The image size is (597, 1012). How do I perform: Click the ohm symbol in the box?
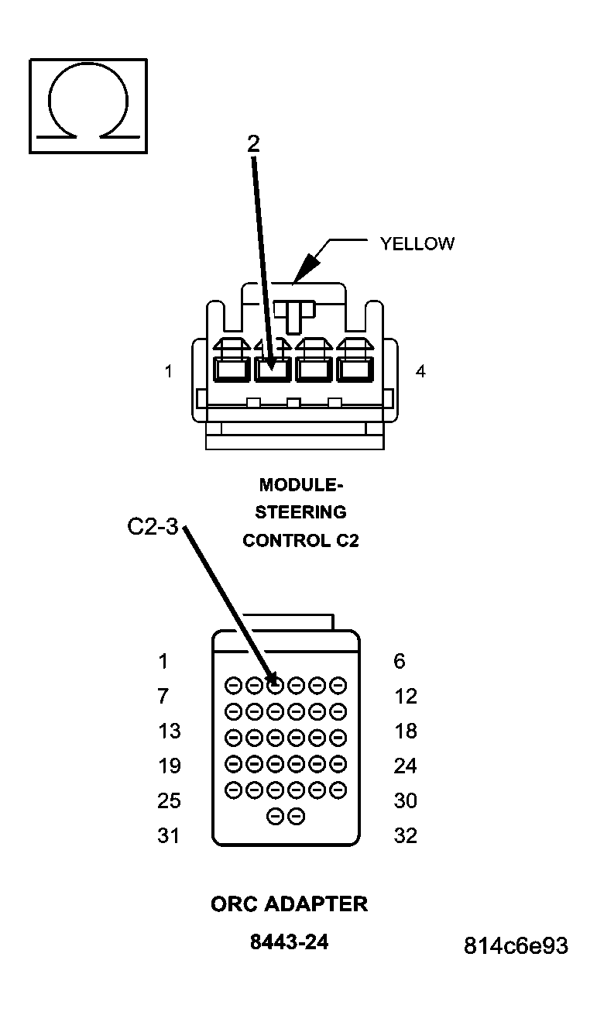(x=88, y=105)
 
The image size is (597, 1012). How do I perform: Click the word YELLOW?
(x=417, y=243)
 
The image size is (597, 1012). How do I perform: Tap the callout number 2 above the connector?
(x=253, y=143)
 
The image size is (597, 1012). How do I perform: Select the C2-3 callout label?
(x=153, y=527)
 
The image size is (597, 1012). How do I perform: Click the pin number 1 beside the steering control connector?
(x=168, y=372)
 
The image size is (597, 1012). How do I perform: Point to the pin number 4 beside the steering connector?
(x=420, y=372)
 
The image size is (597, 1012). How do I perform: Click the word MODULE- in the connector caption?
(x=300, y=485)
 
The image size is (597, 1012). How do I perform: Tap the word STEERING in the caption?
(x=300, y=512)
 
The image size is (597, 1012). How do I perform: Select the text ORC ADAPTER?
(x=289, y=904)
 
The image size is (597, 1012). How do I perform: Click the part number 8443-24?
(x=289, y=942)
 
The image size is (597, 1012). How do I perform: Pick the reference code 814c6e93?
(x=516, y=946)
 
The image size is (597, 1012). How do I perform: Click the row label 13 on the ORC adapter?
(x=169, y=731)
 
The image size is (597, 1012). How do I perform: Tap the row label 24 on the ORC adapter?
(x=405, y=766)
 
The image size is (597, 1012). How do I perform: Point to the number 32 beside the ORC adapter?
(x=405, y=835)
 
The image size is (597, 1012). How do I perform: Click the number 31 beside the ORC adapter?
(x=168, y=835)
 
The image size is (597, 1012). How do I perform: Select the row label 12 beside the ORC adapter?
(x=405, y=696)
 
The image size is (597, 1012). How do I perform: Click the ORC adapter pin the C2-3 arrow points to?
(x=275, y=685)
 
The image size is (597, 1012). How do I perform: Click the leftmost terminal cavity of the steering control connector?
(x=231, y=370)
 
